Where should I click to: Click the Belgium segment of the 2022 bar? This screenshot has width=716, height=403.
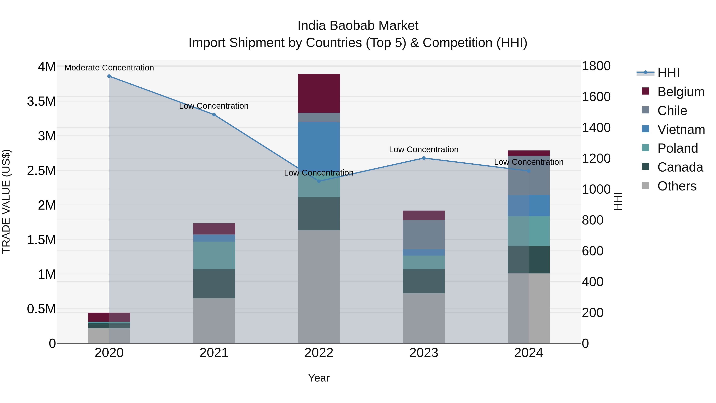319,93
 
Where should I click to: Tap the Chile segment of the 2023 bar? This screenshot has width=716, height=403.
424,234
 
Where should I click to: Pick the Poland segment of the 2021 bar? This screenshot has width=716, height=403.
214,255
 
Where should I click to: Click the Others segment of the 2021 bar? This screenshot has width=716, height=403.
214,320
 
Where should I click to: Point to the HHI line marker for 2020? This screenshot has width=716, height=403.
109,76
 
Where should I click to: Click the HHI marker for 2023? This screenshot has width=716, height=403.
424,158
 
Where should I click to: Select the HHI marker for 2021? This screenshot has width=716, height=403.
214,115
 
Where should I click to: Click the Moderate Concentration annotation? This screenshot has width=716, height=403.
109,68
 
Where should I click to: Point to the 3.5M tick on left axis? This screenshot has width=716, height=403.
41,101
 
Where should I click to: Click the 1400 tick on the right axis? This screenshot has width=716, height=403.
596,128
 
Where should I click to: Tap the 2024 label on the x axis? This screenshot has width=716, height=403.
528,353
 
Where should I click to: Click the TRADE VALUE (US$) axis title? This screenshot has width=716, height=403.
6,201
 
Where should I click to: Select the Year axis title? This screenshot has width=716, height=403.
319,378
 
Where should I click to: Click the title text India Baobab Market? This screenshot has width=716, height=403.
358,26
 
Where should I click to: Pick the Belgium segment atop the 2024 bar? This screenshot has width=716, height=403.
528,153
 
